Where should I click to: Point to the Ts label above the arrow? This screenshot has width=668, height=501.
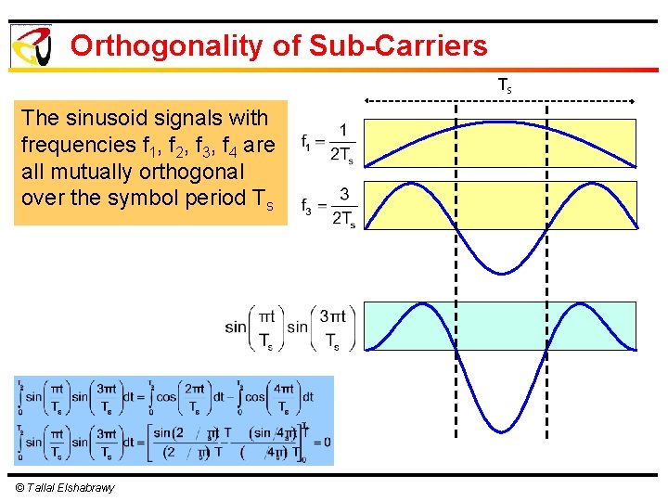(505, 86)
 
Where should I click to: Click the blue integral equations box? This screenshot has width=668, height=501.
(173, 420)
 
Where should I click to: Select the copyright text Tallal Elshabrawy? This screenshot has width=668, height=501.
(65, 488)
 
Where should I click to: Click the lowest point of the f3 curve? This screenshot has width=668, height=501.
(501, 274)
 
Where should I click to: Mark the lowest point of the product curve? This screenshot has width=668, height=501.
(501, 432)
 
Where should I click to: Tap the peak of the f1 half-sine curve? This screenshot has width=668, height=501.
(501, 122)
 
